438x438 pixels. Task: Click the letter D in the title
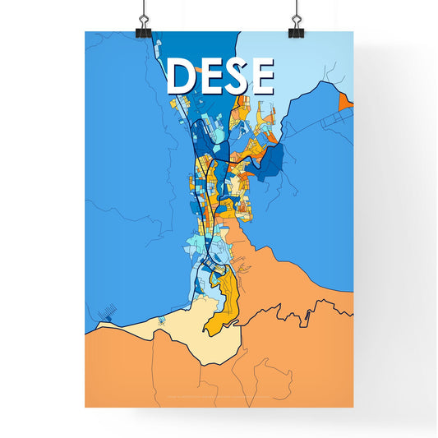click(182, 76)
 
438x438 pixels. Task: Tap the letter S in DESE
click(234, 76)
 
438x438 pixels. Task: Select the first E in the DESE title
click(210, 76)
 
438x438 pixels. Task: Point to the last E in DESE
click(260, 76)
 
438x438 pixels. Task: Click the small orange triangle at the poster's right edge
click(345, 100)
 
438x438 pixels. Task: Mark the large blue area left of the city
click(123, 164)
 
